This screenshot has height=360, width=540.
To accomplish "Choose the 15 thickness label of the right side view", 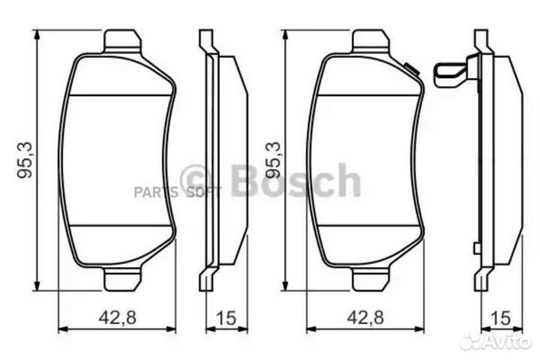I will (x=497, y=316).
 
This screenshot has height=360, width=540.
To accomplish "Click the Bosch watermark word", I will (x=295, y=181).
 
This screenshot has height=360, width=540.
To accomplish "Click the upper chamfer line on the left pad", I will (x=120, y=95).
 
